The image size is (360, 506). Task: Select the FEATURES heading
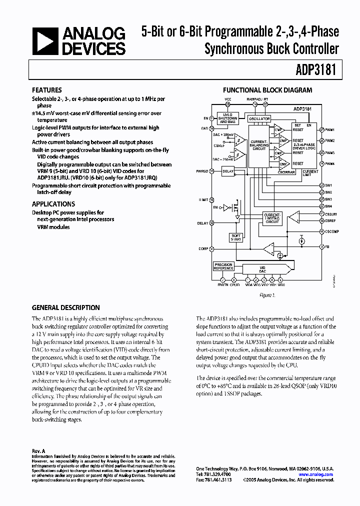click(47, 90)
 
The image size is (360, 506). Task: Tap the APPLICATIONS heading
click(53, 204)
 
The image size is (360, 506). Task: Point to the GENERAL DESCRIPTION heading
click(66, 307)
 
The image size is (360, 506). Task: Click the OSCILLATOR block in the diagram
click(259, 118)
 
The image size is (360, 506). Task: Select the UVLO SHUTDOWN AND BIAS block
click(228, 119)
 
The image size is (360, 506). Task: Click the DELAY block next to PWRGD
click(228, 171)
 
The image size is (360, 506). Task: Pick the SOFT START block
click(236, 237)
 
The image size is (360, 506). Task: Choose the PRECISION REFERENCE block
click(223, 266)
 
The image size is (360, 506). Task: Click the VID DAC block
click(262, 269)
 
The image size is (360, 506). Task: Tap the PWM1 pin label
click(329, 129)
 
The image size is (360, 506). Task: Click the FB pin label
click(327, 247)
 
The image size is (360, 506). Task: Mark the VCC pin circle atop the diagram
click(228, 104)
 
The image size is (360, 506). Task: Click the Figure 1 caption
click(267, 295)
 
